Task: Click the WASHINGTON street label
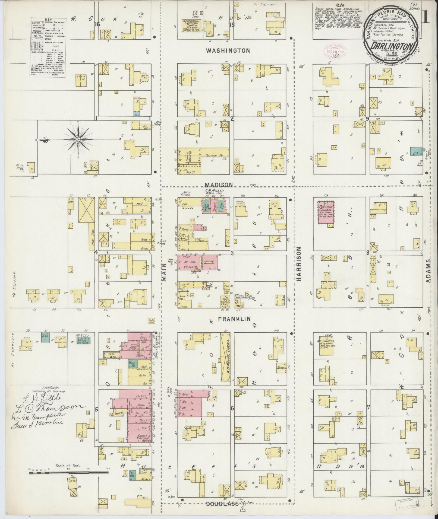coord(228,50)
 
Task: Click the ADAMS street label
coord(428,271)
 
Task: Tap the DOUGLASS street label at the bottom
coord(222,504)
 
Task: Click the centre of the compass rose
coord(78,139)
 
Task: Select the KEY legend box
coord(47,47)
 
